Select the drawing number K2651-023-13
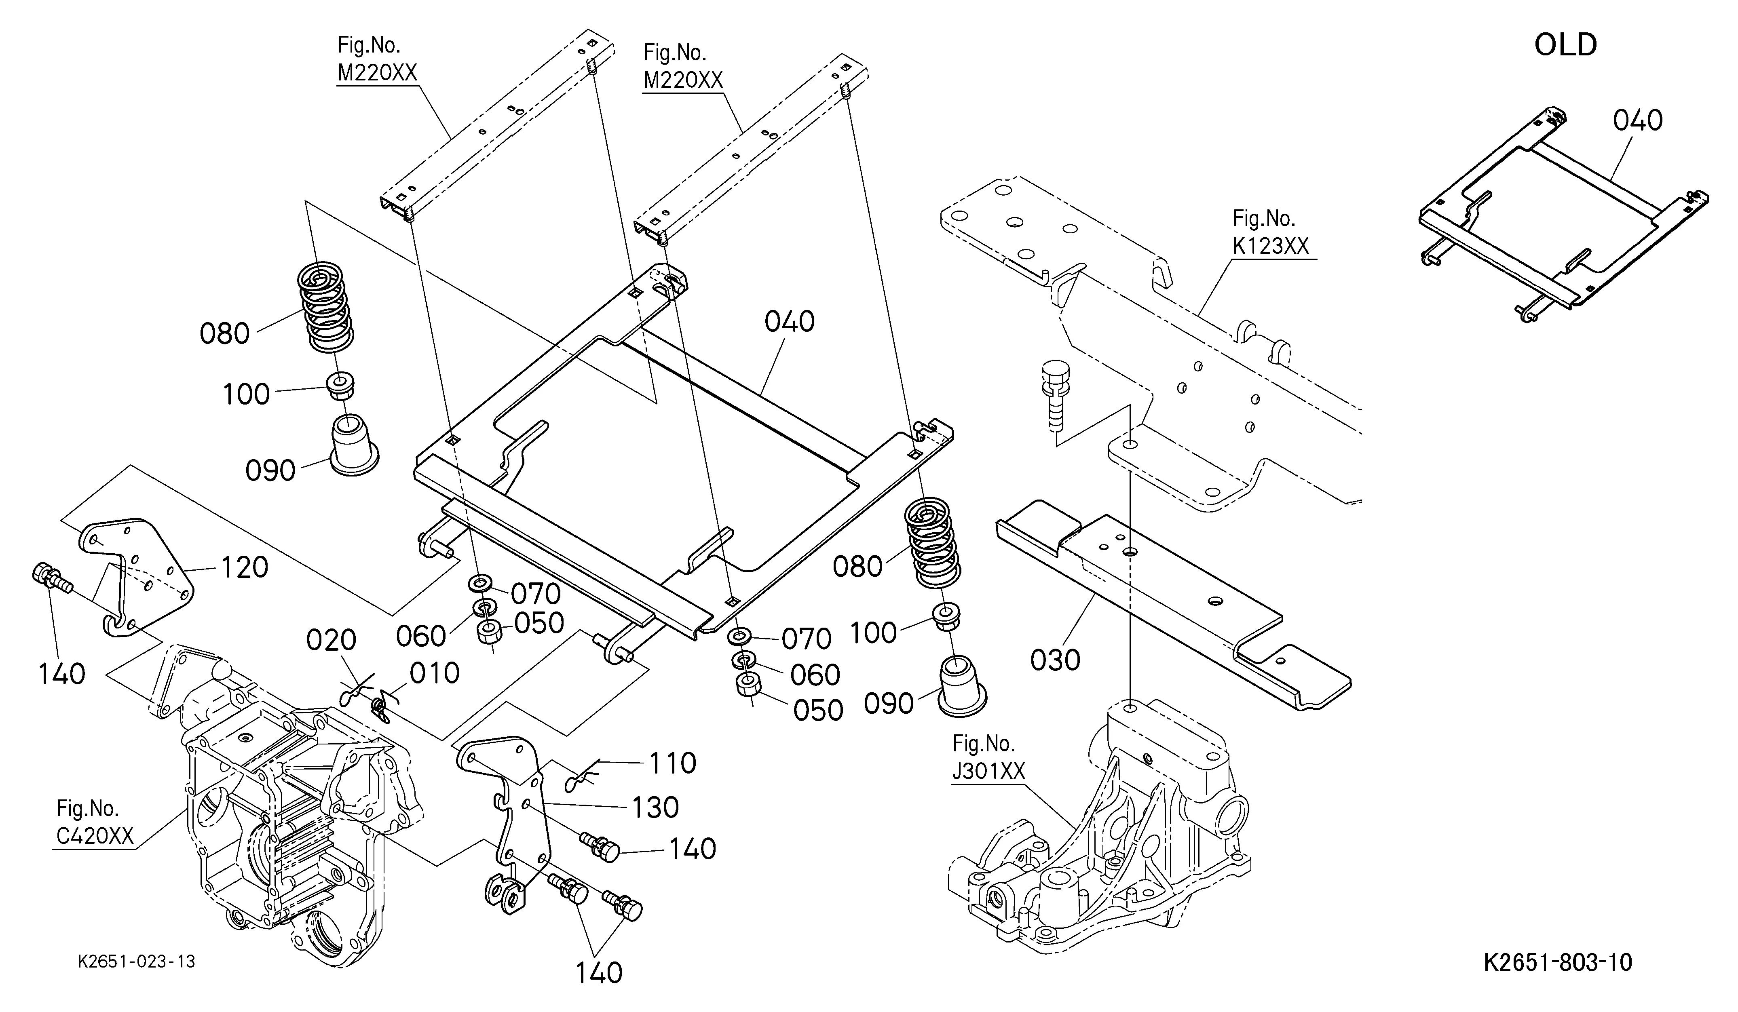(x=137, y=961)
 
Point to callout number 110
(x=672, y=763)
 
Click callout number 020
(x=331, y=641)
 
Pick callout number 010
(x=435, y=673)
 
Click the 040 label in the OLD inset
(x=1637, y=121)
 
